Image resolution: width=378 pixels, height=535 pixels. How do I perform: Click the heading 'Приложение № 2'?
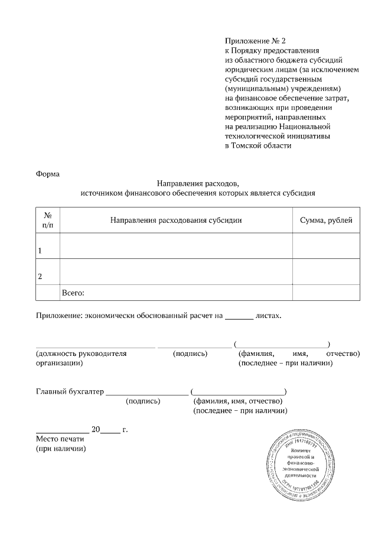(x=255, y=41)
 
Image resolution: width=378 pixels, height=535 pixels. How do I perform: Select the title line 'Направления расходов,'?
(x=198, y=183)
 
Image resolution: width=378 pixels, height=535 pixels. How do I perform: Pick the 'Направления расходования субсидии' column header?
(x=176, y=221)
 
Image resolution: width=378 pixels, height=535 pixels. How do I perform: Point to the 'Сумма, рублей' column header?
(x=326, y=221)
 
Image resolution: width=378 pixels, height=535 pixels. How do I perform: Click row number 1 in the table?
(x=40, y=251)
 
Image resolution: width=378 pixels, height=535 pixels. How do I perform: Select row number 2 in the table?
(x=40, y=276)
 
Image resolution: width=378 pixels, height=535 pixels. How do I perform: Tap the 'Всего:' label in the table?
(x=74, y=293)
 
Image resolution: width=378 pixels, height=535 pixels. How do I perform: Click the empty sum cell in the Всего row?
(x=326, y=293)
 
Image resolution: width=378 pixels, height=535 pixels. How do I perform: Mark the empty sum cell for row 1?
(x=326, y=246)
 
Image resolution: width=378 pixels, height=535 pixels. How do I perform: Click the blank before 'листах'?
(x=239, y=317)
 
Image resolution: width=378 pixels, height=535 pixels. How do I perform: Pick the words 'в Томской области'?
(x=258, y=145)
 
